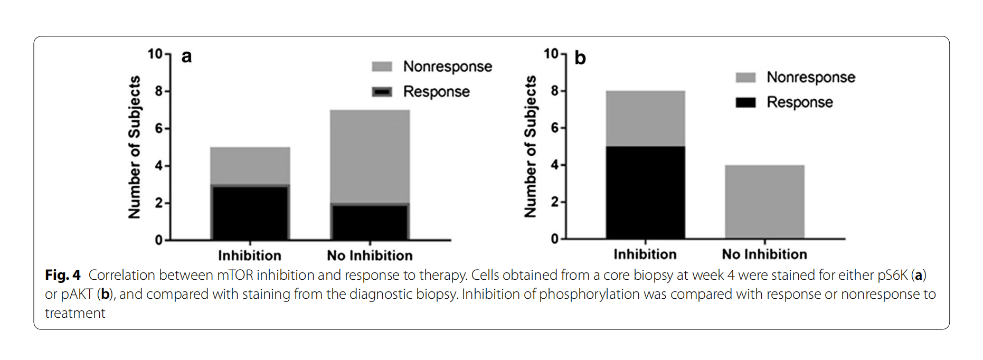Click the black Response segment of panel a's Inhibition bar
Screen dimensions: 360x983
point(250,212)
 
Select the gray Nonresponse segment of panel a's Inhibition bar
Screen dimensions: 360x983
point(250,166)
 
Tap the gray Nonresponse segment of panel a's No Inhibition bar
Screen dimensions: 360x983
point(370,156)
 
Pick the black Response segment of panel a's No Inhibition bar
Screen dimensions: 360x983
point(370,222)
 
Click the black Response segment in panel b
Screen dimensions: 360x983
point(645,192)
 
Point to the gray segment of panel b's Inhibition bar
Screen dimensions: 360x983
point(645,118)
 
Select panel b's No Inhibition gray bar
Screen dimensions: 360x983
point(764,202)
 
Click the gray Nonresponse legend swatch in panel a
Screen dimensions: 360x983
point(382,67)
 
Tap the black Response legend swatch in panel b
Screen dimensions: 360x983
point(745,102)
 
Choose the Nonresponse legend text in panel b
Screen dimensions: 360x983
point(810,77)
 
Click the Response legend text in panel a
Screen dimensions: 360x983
point(436,92)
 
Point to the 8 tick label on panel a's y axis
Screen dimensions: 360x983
point(158,91)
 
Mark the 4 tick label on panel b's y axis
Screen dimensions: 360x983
point(554,165)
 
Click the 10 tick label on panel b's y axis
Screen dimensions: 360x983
point(551,54)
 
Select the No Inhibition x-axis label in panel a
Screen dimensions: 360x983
point(370,255)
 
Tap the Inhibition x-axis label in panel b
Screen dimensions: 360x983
point(645,254)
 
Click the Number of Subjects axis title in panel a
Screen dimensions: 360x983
point(135,147)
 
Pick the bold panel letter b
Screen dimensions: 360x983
point(580,58)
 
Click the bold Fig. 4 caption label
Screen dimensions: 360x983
point(63,275)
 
